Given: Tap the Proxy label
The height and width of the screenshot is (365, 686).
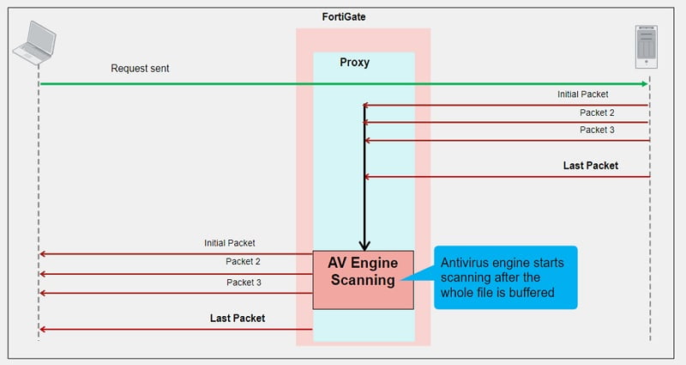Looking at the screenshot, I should tap(354, 63).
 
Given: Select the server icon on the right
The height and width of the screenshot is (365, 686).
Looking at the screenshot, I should tap(647, 47).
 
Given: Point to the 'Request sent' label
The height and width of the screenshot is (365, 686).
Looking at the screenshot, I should tap(140, 68).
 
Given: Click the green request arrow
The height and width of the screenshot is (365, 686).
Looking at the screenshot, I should tap(343, 84).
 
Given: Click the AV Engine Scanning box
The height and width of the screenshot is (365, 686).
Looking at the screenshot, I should tap(363, 279).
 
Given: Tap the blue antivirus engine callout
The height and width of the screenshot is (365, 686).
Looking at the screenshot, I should tap(505, 277).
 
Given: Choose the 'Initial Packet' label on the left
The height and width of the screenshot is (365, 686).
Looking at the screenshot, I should tap(230, 243).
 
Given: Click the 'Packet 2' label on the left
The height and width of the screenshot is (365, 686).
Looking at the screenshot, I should tap(244, 262).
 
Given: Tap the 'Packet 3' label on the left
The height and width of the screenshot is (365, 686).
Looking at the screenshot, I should tap(244, 282).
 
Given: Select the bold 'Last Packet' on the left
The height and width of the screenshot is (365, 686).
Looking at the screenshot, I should tap(238, 318).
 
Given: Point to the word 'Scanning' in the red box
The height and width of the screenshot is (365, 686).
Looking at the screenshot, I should tap(363, 280).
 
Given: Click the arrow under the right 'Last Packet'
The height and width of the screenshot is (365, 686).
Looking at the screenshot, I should tap(506, 177).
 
